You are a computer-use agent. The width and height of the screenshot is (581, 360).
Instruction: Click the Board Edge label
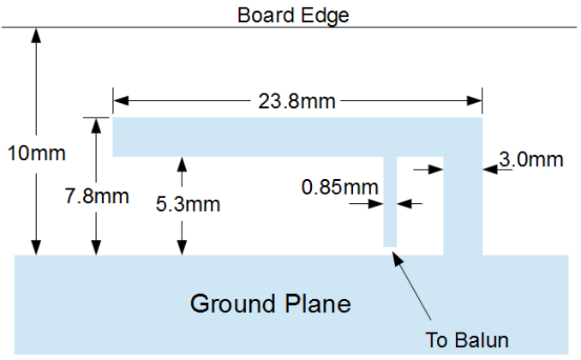[x=293, y=15]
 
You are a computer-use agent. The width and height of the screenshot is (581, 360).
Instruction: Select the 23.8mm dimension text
[x=296, y=101]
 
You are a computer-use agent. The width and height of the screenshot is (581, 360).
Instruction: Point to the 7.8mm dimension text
[x=96, y=196]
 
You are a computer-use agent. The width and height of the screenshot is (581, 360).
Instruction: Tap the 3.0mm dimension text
[x=530, y=159]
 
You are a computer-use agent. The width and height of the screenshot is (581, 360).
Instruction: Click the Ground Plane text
[x=270, y=303]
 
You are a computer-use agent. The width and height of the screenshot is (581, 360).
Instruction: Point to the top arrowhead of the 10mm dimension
[x=35, y=35]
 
